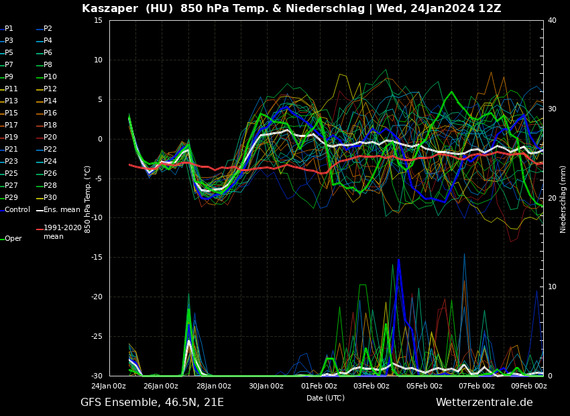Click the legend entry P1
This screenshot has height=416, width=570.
(x=9, y=29)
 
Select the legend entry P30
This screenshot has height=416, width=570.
(x=50, y=197)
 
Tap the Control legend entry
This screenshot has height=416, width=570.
(x=17, y=209)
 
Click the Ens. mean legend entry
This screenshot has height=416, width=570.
(x=62, y=209)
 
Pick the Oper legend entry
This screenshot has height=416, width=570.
(x=13, y=238)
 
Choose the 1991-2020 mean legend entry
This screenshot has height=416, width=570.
(x=62, y=232)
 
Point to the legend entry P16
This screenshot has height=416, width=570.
(x=50, y=113)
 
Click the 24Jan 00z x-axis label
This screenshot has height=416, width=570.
(x=109, y=386)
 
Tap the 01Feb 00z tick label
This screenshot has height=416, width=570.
(x=319, y=386)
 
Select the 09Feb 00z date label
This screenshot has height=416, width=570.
(x=530, y=386)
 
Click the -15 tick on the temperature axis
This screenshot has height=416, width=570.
(x=97, y=258)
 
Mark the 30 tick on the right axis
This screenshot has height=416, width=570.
(x=552, y=109)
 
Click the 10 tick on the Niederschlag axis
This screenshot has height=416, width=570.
(x=552, y=287)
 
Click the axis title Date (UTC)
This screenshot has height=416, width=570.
(x=325, y=398)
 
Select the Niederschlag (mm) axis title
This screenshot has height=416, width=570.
(x=563, y=199)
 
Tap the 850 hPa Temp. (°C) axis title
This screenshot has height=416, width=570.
(x=88, y=199)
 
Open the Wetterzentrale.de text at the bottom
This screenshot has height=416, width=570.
(x=484, y=403)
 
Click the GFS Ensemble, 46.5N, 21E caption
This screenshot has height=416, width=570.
(x=152, y=403)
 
